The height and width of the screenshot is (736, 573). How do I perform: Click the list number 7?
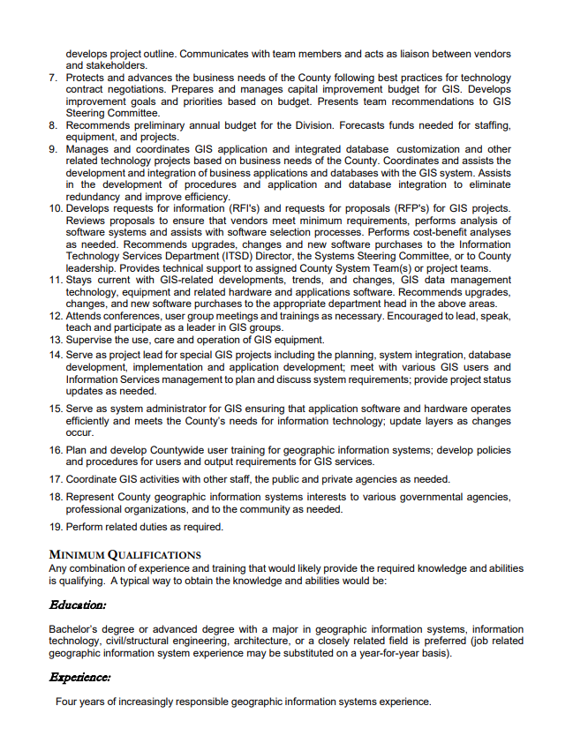point(53,78)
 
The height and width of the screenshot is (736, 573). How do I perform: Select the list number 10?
point(56,208)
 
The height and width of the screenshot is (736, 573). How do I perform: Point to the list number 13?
point(56,340)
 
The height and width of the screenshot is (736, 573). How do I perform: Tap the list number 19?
point(56,527)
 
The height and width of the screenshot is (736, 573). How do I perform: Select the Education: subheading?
point(78,605)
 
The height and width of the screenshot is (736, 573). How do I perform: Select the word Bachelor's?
point(74,629)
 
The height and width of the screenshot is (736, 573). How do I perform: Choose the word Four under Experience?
point(67,702)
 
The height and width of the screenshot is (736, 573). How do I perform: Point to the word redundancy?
point(94,197)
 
